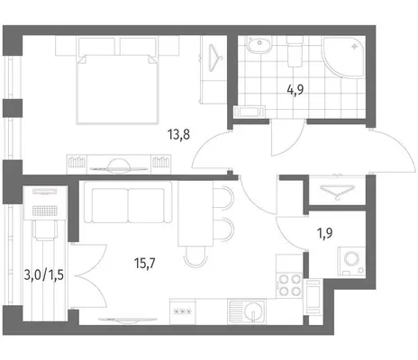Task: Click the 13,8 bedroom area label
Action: tap(179, 134)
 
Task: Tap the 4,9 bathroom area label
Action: tap(295, 89)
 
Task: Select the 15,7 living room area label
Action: tap(145, 264)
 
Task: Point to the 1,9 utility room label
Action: tap(325, 233)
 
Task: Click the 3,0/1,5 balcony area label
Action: tap(44, 274)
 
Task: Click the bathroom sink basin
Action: tap(259, 44)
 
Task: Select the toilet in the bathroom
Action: tap(295, 51)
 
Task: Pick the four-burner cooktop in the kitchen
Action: tap(289, 285)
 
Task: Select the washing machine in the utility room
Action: tap(351, 261)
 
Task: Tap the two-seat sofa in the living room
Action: tap(128, 202)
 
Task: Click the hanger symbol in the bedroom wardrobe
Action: tap(214, 58)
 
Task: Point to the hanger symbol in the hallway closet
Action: tap(337, 192)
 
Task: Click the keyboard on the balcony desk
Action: tap(45, 211)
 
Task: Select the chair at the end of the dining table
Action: tap(196, 256)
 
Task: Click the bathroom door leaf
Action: tap(271, 138)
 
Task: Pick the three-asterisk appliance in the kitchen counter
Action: tap(183, 311)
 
